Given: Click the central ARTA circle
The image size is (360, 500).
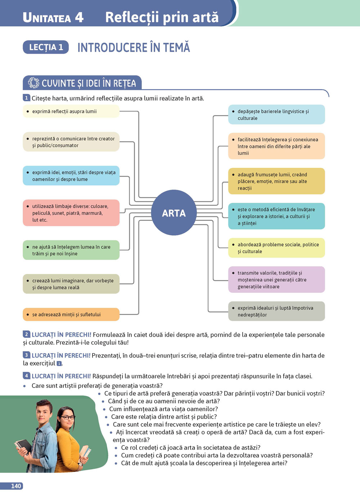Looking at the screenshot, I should click(174, 213).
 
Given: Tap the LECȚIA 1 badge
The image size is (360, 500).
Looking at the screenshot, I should click(46, 47).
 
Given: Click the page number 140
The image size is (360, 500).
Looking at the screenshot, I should click(16, 486).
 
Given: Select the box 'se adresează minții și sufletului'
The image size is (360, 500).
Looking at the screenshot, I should click(71, 314).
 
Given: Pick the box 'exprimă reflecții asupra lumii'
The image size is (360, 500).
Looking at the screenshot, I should click(71, 111).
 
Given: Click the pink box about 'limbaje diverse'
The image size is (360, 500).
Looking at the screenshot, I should click(71, 213).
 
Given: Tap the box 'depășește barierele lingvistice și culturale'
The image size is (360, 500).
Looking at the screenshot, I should click(276, 114).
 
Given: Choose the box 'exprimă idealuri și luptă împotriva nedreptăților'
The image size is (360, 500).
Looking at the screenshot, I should click(276, 311).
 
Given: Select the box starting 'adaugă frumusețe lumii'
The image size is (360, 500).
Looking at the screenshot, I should click(276, 181).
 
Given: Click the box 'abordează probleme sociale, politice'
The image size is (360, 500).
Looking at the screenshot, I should click(276, 248).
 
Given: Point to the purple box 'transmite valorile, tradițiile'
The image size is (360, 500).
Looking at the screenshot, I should click(276, 279).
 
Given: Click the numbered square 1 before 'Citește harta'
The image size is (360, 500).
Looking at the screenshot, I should click(26, 98).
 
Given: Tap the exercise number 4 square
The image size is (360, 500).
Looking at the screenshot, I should click(26, 376).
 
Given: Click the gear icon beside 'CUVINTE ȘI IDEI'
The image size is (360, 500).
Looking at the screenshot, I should click(33, 83).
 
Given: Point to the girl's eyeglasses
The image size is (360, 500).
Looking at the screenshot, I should click(67, 418).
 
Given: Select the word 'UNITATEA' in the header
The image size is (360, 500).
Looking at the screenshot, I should click(47, 18).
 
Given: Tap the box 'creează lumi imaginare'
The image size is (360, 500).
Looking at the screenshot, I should click(71, 284).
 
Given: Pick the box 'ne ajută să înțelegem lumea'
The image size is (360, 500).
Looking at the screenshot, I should click(71, 250).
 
